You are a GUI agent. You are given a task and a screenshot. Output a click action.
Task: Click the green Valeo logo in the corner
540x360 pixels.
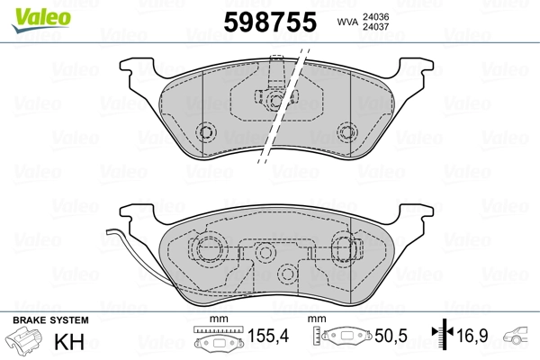(x=29, y=12)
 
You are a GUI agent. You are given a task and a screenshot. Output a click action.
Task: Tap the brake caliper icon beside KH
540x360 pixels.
(x=24, y=343)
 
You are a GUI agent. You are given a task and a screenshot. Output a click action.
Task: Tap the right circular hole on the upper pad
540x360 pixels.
(x=345, y=132)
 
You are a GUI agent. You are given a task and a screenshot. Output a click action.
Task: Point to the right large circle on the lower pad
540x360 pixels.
(x=344, y=246)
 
